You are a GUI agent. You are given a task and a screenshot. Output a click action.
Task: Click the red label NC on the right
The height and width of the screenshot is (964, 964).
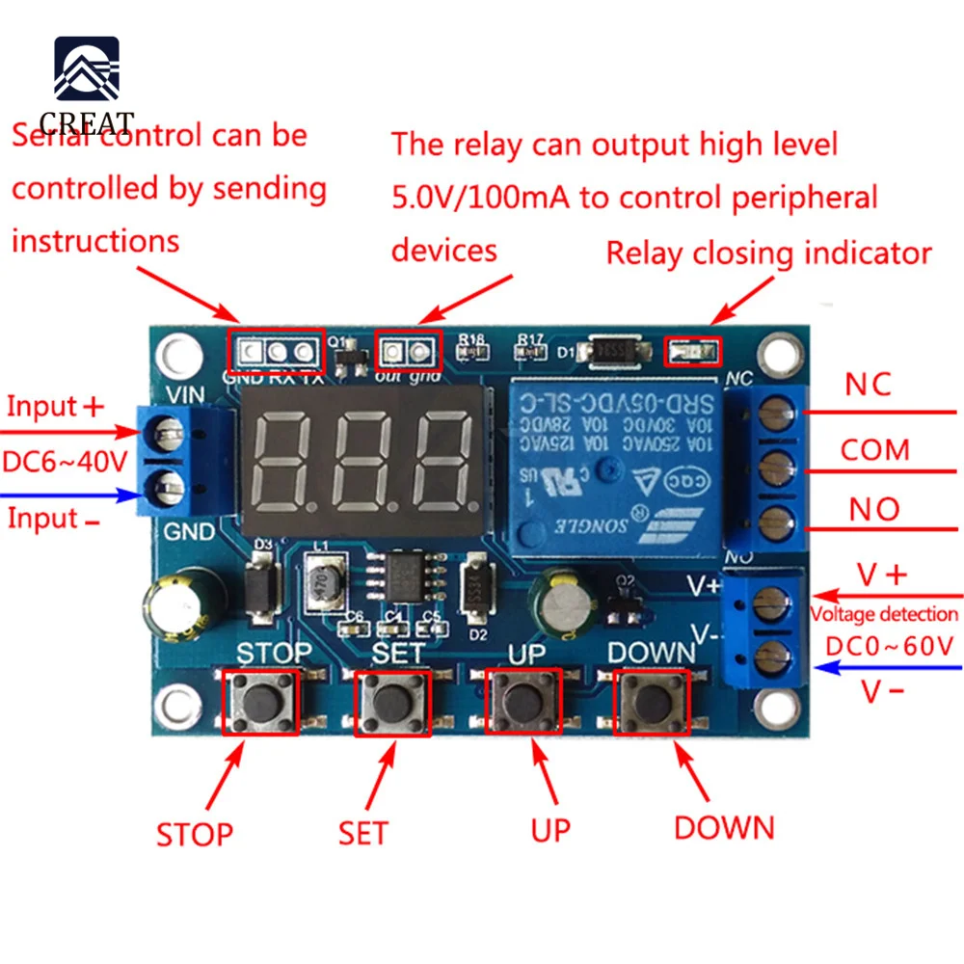coord(868,385)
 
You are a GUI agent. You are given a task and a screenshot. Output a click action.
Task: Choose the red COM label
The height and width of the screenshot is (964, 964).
coord(874,450)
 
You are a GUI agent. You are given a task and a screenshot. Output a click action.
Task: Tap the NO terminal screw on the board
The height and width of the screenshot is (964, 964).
coord(770,526)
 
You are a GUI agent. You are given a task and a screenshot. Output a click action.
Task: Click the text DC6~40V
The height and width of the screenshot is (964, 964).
coord(65,461)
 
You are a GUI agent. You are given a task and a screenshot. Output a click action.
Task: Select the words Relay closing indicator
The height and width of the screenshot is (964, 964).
coord(768,254)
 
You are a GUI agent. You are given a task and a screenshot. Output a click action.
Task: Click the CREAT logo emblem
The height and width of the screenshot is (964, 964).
coord(87,73)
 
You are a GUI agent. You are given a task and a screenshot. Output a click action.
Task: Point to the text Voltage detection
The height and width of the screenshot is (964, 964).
coord(884,614)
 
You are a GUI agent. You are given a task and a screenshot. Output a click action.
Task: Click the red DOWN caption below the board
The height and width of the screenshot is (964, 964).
coord(723,827)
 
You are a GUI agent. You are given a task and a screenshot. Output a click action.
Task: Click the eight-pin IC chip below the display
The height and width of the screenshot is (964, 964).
coord(405,577)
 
